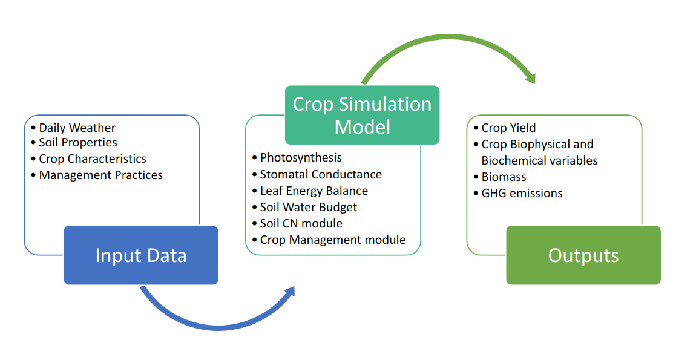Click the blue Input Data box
pyautogui.click(x=141, y=255)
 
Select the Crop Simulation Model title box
pyautogui.click(x=362, y=115)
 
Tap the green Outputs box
pyautogui.click(x=583, y=255)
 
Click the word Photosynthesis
pyautogui.click(x=301, y=157)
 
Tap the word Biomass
pyautogui.click(x=504, y=177)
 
